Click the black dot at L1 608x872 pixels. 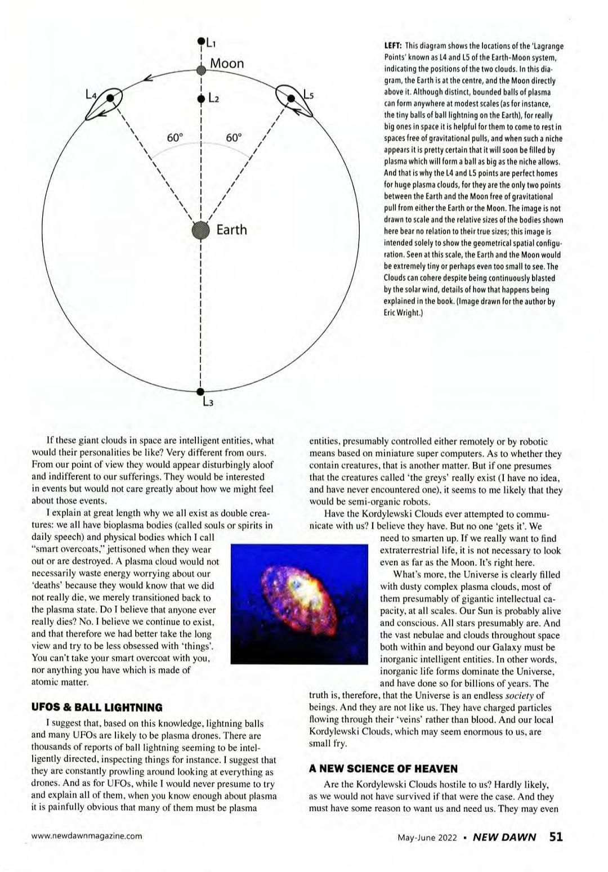tap(201, 41)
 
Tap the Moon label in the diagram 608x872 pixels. tap(227, 63)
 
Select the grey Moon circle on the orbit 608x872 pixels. tap(201, 70)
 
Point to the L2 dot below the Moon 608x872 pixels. tap(201, 99)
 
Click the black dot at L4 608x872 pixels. tap(111, 98)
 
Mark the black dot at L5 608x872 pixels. tap(291, 98)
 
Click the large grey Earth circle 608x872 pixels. tap(201, 230)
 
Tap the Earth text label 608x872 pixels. tap(231, 230)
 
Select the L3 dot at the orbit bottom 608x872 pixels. tap(201, 392)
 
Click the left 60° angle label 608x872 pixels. tap(175, 138)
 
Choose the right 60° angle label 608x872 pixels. tap(234, 138)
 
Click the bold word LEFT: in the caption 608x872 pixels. tap(392, 46)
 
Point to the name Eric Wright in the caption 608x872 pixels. tap(403, 313)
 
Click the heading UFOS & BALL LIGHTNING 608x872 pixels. tap(97, 708)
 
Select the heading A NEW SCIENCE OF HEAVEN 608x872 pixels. tap(383, 768)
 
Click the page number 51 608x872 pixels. tap(556, 836)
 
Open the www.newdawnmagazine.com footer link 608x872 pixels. tap(87, 836)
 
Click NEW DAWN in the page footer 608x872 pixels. tap(504, 837)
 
